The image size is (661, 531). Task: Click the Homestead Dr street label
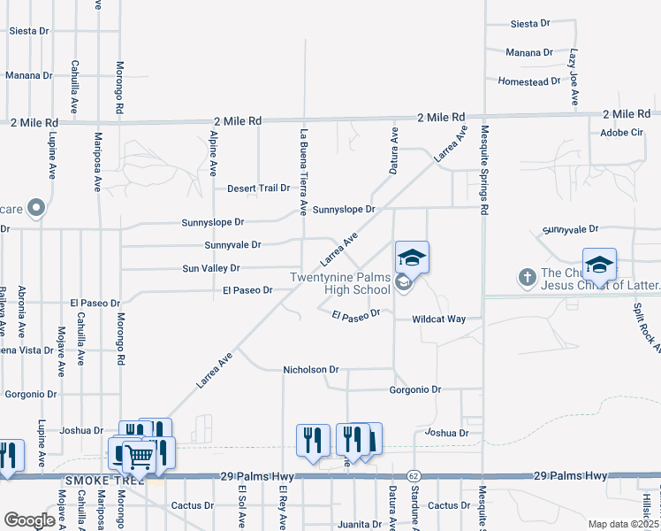pyautogui.click(x=529, y=81)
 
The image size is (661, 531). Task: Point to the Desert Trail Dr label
pyautogui.click(x=259, y=189)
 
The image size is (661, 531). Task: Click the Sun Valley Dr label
pyautogui.click(x=211, y=268)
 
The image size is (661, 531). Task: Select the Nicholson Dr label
pyautogui.click(x=310, y=369)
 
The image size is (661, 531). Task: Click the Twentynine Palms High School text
pyautogui.click(x=341, y=283)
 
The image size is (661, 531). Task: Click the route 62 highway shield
pyautogui.click(x=413, y=476)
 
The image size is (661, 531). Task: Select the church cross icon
pyautogui.click(x=527, y=277)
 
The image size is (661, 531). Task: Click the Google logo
pyautogui.click(x=29, y=520)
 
